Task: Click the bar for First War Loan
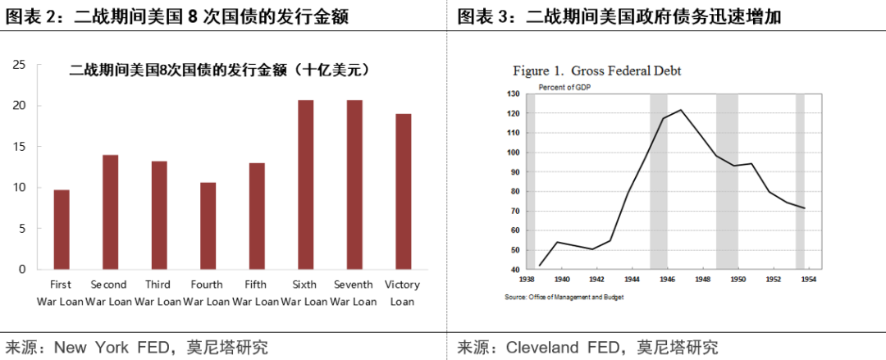(62, 230)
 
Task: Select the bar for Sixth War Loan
(305, 185)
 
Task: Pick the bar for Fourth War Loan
(208, 226)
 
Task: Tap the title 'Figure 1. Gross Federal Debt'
(597, 71)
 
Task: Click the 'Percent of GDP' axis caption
(564, 87)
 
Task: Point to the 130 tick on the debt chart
(514, 94)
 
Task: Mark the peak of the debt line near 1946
(680, 110)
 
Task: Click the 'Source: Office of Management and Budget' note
(564, 297)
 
